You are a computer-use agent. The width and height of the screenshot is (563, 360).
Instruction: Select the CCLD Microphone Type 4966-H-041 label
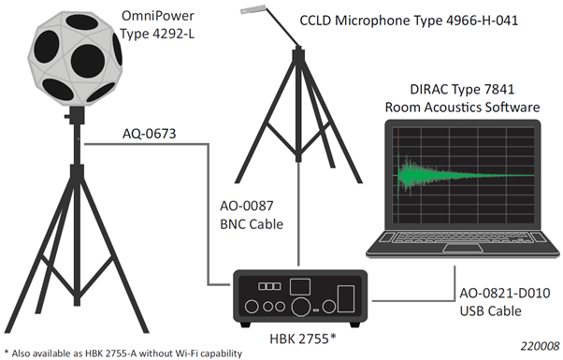click(409, 19)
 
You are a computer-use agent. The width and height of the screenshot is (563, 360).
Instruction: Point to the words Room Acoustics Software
click(462, 108)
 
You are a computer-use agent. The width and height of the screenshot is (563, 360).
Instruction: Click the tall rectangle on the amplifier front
click(345, 297)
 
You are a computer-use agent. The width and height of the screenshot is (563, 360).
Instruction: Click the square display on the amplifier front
click(299, 284)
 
